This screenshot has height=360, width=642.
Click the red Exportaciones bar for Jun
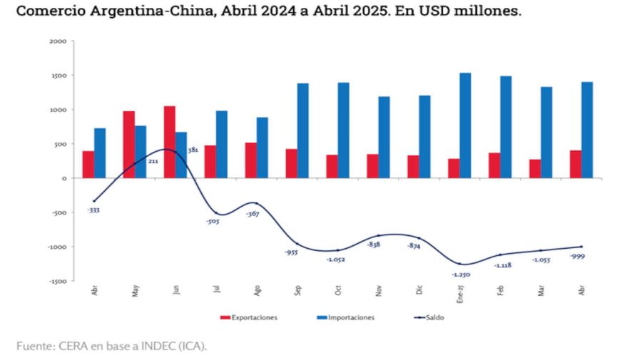click(169, 142)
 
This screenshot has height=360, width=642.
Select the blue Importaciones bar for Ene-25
click(465, 125)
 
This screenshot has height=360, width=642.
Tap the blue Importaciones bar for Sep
click(302, 130)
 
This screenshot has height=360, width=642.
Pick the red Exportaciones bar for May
click(128, 144)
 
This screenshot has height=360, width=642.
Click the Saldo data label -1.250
click(460, 274)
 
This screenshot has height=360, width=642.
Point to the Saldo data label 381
click(193, 150)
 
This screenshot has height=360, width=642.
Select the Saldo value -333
click(93, 210)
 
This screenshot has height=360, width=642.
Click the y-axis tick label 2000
click(58, 41)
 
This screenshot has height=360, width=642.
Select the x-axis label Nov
click(379, 292)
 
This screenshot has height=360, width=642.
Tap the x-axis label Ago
click(257, 292)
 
